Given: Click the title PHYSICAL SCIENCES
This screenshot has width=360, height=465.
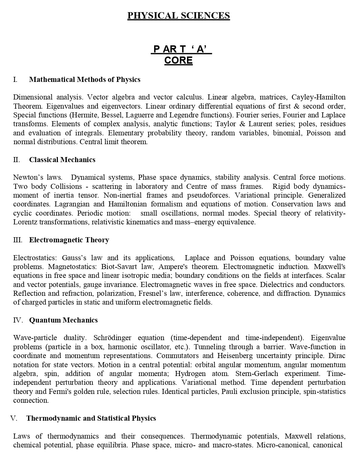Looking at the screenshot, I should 178,16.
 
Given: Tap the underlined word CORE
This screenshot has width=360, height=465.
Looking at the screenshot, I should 178,61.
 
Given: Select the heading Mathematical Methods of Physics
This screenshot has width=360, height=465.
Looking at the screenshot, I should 85,80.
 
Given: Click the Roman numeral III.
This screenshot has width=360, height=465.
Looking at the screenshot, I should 18,240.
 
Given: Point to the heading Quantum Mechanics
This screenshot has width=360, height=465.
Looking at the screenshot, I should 63,320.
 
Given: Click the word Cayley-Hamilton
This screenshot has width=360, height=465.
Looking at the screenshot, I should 318,97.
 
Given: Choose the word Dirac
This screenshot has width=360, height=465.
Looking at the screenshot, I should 337,356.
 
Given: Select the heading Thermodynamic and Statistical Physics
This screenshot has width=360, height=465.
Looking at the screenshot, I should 91,418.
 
